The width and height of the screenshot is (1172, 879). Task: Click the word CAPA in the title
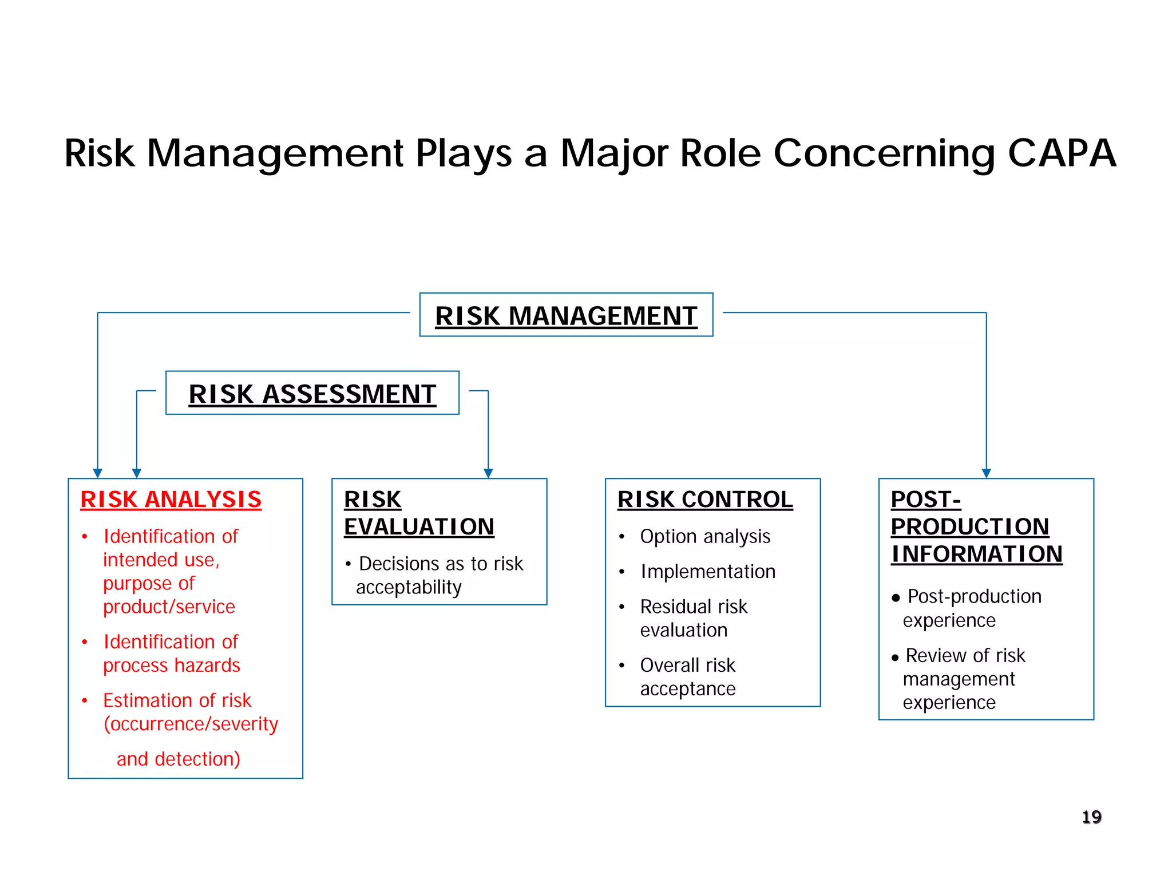(x=1062, y=153)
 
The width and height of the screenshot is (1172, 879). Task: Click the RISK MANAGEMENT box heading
(x=566, y=316)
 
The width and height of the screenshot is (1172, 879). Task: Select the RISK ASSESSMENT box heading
(x=312, y=394)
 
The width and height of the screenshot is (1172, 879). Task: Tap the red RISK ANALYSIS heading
(x=171, y=500)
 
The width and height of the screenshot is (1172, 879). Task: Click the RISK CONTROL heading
(x=705, y=500)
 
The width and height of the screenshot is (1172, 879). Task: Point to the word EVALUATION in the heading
(x=419, y=527)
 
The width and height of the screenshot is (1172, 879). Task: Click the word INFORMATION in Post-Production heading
(x=976, y=554)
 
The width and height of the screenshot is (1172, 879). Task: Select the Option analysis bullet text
(x=705, y=537)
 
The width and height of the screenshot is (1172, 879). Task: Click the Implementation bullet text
(x=708, y=572)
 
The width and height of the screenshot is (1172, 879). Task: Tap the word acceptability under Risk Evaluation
(x=409, y=588)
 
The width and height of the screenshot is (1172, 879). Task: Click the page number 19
(x=1091, y=817)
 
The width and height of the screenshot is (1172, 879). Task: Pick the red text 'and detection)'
(x=179, y=759)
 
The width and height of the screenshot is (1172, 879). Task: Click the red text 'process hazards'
(x=172, y=666)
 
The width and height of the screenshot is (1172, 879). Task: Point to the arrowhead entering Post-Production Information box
(x=986, y=473)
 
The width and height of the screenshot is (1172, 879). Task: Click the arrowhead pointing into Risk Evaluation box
(x=488, y=473)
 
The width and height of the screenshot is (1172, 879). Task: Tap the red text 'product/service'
(x=169, y=607)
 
